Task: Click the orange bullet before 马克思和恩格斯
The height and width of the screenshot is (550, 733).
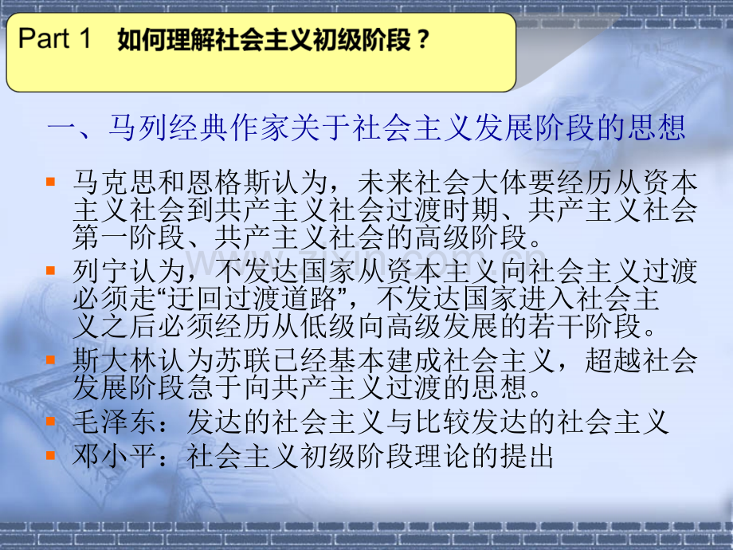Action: coord(51,183)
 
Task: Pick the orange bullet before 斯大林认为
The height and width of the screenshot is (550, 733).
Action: coord(51,356)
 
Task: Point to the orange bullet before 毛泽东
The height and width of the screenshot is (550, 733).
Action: coord(51,421)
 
